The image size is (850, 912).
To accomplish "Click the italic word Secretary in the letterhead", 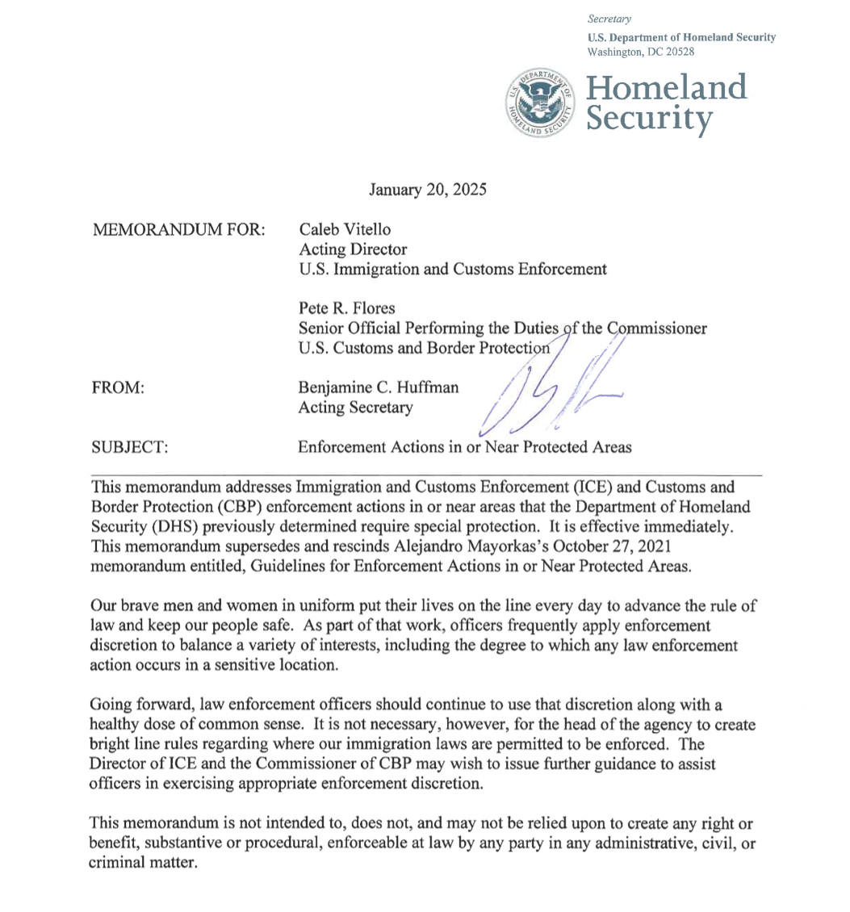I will click(610, 18).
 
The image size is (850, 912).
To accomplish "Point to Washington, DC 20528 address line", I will click(642, 51).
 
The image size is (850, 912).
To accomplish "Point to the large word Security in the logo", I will click(650, 119).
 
